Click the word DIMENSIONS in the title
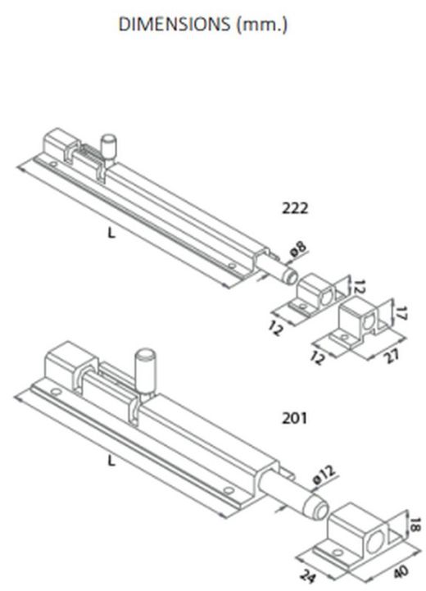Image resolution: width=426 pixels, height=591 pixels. coord(174,24)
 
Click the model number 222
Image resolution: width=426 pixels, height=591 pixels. coord(295,208)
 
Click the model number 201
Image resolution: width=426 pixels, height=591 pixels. coord(295,418)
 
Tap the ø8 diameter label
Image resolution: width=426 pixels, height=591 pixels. coord(299,249)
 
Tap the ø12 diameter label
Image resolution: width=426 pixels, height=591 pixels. coord(324,475)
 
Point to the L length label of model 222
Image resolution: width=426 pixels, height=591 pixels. coord(111,234)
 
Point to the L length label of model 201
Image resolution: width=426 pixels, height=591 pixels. coord(111,460)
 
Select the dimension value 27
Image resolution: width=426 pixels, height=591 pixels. coord(392,355)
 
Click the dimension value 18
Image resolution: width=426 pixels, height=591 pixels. coord(414,525)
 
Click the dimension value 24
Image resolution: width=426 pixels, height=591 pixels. coord(307,575)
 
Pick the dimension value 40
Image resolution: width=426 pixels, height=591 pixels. coord(400,571)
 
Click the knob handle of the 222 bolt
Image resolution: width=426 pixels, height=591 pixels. coord(110,147)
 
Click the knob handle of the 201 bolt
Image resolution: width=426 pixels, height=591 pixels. coord(145,371)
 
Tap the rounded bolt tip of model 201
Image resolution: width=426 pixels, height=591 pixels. coord(317,507)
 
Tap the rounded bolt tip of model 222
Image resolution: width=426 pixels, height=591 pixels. coord(291,276)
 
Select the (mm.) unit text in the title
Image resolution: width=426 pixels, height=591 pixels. coord(262,25)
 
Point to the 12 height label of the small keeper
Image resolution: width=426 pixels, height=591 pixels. coord(360,286)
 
